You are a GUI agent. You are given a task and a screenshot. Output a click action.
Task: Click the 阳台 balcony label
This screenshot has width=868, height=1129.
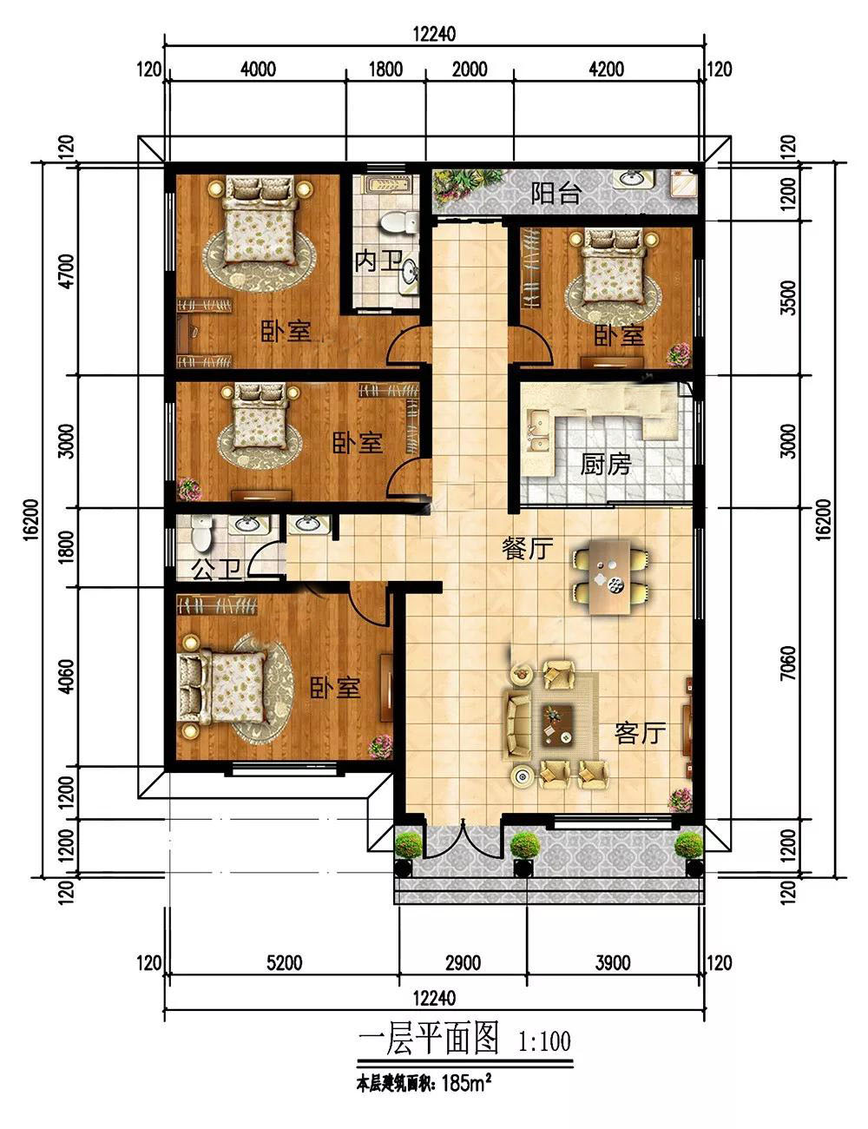pos(555,194)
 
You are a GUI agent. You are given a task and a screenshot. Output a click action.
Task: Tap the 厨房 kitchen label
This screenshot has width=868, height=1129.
pos(605,464)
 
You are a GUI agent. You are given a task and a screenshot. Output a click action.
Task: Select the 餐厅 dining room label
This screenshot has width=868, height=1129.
pos(527,549)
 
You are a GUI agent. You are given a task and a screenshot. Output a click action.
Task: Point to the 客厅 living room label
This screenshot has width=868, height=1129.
pos(640,733)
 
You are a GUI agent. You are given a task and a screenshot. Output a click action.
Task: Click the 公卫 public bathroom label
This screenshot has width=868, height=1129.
pos(218,570)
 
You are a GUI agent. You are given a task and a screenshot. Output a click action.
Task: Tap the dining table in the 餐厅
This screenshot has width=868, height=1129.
pos(611,576)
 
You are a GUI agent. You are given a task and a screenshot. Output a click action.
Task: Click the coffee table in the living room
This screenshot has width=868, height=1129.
pos(557,725)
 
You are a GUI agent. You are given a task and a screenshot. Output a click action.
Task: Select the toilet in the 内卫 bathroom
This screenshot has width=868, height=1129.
pos(398,224)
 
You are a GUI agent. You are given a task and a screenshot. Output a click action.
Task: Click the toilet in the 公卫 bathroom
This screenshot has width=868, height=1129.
pos(201,533)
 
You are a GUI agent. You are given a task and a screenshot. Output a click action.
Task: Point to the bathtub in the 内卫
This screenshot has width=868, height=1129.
pos(385,184)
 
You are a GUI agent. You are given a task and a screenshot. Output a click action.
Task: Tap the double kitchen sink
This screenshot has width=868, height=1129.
pos(538,429)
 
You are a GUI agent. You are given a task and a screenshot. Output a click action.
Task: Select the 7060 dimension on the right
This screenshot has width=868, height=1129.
pos(788,663)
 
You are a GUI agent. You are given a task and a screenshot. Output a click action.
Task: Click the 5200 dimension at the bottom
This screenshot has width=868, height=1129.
pos(285,963)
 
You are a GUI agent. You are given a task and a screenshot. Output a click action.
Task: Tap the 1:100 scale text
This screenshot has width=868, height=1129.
pos(545,1041)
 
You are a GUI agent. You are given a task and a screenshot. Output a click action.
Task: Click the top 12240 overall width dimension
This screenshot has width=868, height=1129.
pos(435,34)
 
